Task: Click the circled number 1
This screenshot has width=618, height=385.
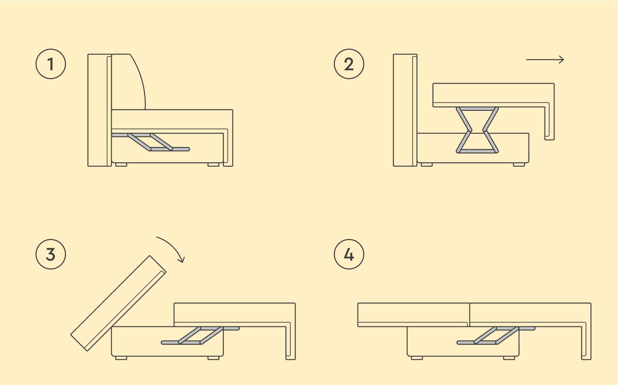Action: pyautogui.click(x=51, y=64)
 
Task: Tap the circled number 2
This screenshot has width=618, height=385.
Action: pyautogui.click(x=349, y=64)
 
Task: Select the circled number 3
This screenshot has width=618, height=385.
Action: pyautogui.click(x=51, y=254)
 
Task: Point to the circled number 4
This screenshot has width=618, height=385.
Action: pyautogui.click(x=349, y=254)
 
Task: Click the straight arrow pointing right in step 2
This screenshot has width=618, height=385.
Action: pyautogui.click(x=545, y=60)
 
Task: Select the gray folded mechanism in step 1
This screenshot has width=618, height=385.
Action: pyautogui.click(x=151, y=142)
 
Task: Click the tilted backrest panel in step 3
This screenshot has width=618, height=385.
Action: pyautogui.click(x=118, y=303)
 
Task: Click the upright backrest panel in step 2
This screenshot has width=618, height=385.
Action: pyautogui.click(x=405, y=110)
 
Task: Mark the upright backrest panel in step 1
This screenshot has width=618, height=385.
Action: pyautogui.click(x=99, y=110)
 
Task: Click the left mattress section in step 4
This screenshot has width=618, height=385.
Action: pyautogui.click(x=414, y=315)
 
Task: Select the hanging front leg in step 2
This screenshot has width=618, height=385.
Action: pyautogui.click(x=549, y=122)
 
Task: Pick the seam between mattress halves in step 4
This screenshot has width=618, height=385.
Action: pyautogui.click(x=470, y=315)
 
